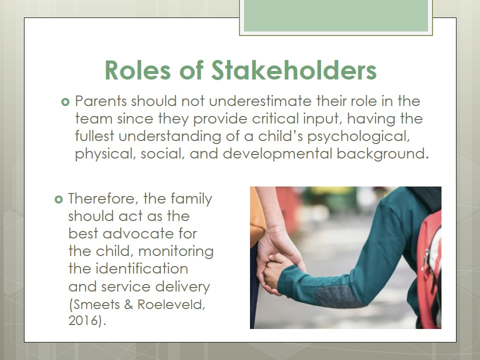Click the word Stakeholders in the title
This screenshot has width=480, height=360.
tap(294, 70)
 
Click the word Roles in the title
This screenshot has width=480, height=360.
tap(138, 70)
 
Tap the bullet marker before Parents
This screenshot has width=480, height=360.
tap(65, 101)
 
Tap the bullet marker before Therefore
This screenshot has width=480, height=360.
tap(58, 199)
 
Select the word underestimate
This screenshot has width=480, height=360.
tap(260, 101)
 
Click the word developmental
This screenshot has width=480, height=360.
tap(277, 153)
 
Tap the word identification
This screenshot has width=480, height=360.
tap(141, 269)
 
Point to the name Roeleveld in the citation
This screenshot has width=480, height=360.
tap(171, 304)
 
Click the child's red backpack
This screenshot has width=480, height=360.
tap(430, 269)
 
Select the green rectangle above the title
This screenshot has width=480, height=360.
tap(336, 15)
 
